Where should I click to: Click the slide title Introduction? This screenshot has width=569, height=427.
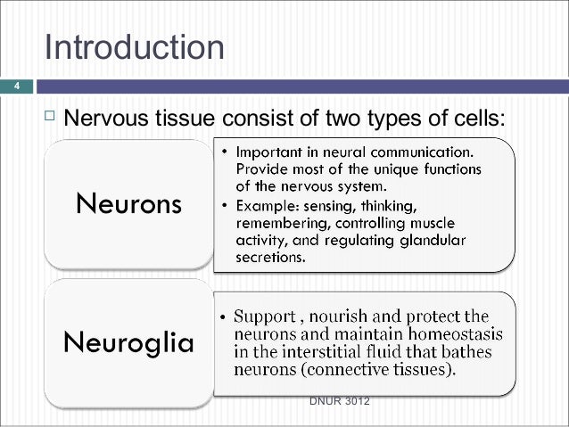(134, 47)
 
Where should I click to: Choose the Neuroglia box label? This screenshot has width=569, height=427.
(128, 342)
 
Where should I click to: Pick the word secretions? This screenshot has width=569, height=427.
(270, 259)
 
